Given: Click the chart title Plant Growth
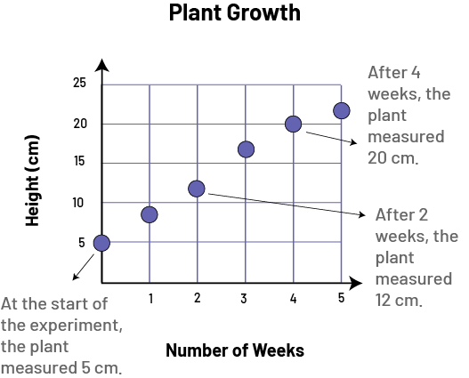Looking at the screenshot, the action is pyautogui.click(x=235, y=13).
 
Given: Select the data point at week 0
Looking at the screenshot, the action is pyautogui.click(x=101, y=243).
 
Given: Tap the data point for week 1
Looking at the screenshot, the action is pyautogui.click(x=150, y=214).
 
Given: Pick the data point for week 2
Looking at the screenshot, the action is pyautogui.click(x=197, y=189).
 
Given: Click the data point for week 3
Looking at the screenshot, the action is pyautogui.click(x=246, y=149).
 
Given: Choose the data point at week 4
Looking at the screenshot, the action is pyautogui.click(x=293, y=124).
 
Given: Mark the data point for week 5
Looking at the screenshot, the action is pyautogui.click(x=341, y=110).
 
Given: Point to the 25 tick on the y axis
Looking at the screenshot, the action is pyautogui.click(x=79, y=83).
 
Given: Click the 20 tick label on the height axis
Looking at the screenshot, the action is pyautogui.click(x=80, y=124).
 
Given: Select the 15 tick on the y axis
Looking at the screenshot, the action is pyautogui.click(x=79, y=161).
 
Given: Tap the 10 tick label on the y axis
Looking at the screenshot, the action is pyautogui.click(x=77, y=203).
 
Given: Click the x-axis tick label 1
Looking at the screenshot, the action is pyautogui.click(x=151, y=298).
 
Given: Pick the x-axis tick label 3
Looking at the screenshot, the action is pyautogui.click(x=244, y=298).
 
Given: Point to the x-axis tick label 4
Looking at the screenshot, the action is pyautogui.click(x=293, y=298).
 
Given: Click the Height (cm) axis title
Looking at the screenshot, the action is pyautogui.click(x=32, y=181).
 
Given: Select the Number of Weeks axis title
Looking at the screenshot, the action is pyautogui.click(x=235, y=350).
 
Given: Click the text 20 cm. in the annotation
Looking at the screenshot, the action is pyautogui.click(x=392, y=157).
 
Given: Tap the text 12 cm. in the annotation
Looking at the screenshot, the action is pyautogui.click(x=399, y=301).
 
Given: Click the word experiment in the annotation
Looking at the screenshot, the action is pyautogui.click(x=76, y=326).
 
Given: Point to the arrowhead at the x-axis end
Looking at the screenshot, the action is pyautogui.click(x=356, y=283).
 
